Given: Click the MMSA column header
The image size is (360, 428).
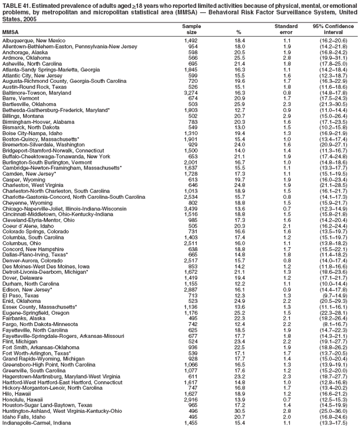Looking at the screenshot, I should pyautogui.click(x=12, y=32).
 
